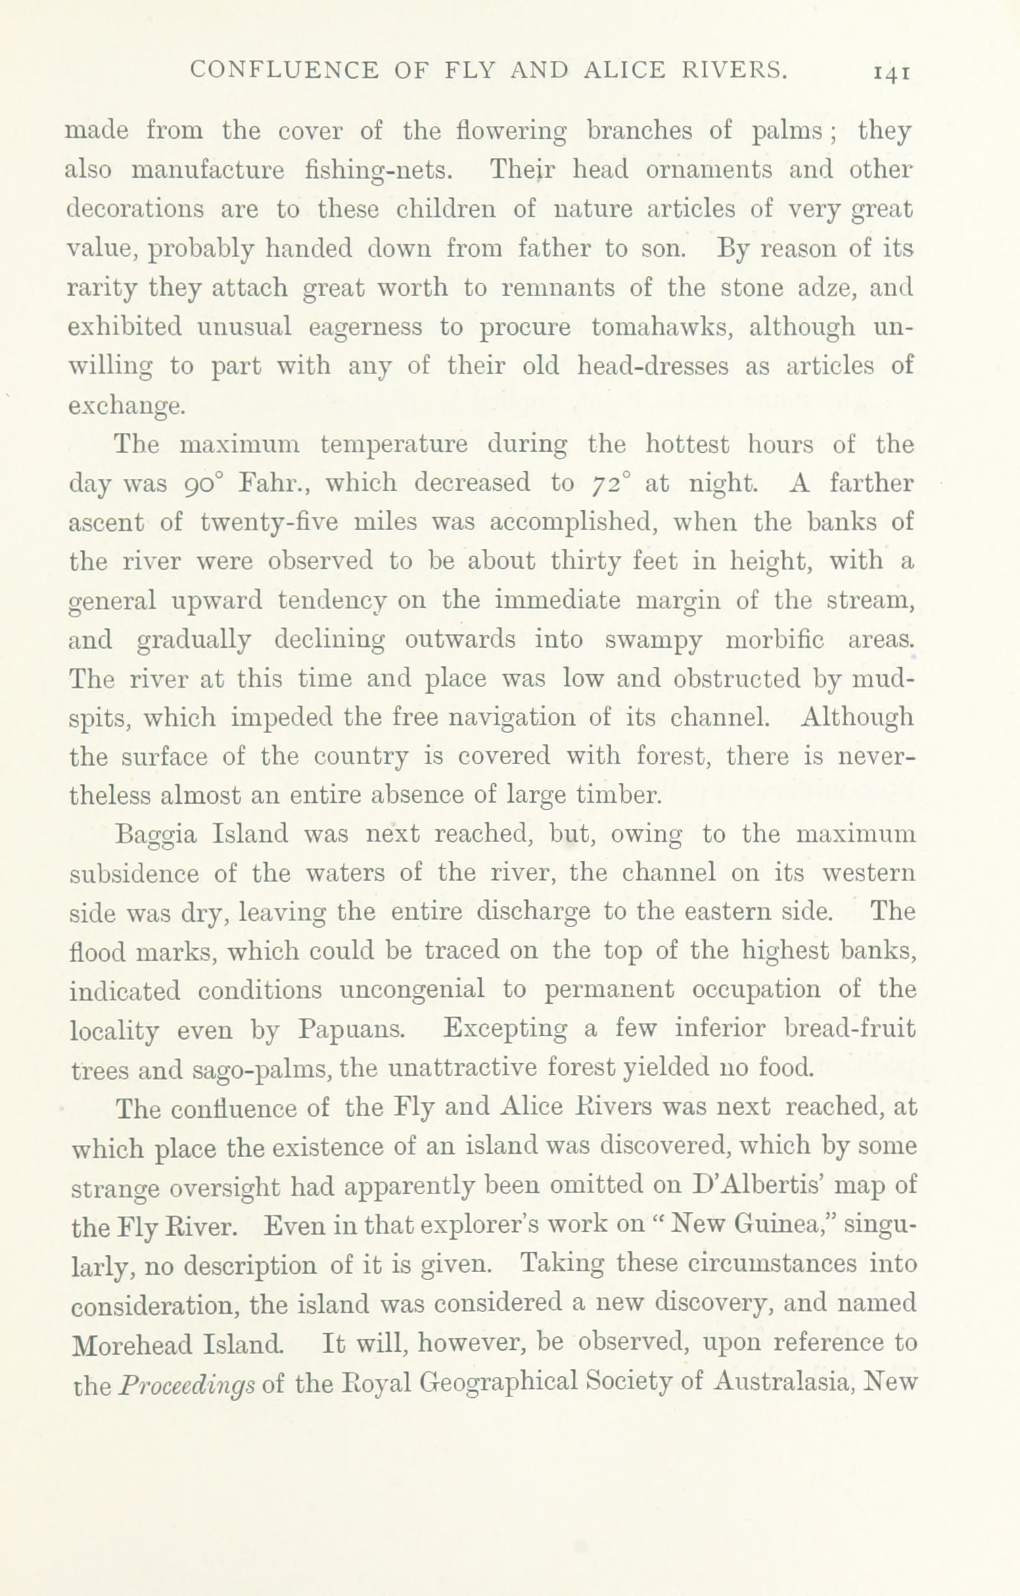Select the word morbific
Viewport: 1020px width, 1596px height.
click(x=774, y=639)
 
